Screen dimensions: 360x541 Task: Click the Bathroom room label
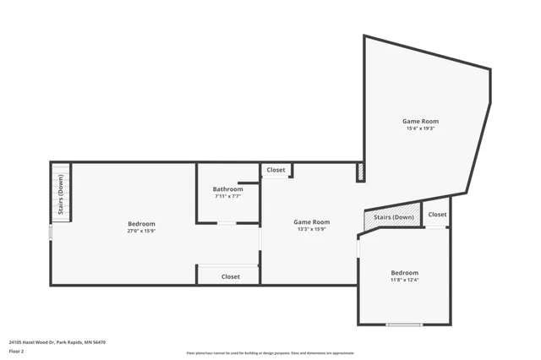(227, 189)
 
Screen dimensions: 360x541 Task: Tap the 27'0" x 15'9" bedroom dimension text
(141, 231)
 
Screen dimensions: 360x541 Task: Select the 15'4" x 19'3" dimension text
(420, 128)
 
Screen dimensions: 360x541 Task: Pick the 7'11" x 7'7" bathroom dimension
(227, 196)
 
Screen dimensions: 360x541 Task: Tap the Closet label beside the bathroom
(276, 170)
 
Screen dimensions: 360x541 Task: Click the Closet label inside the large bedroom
(230, 276)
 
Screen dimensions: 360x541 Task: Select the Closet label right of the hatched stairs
(437, 215)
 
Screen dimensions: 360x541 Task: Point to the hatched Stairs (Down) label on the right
(393, 218)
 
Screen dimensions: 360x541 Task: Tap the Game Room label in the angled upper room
(420, 122)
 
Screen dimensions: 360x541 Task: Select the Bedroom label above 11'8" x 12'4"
(404, 273)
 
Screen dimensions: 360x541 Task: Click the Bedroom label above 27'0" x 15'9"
(141, 224)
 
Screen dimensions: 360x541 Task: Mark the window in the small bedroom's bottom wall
(404, 325)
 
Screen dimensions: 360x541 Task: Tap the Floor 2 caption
(17, 351)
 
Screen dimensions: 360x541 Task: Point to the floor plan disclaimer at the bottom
(270, 353)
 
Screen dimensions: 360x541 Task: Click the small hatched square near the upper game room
(361, 172)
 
